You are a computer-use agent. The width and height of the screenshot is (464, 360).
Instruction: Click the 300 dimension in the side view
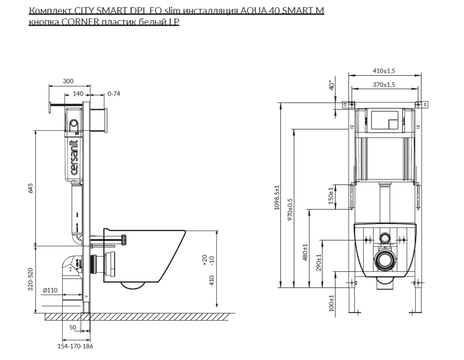click(68, 81)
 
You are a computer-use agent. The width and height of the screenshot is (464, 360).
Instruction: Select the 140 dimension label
click(78, 93)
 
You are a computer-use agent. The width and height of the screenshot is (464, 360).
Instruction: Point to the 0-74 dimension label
click(114, 93)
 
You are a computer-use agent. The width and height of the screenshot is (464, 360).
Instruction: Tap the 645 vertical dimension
click(31, 188)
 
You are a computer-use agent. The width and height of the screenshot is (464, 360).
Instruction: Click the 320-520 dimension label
click(31, 278)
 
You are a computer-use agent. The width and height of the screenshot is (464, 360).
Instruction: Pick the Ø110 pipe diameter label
click(50, 290)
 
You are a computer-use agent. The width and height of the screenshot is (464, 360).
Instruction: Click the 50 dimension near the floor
click(72, 328)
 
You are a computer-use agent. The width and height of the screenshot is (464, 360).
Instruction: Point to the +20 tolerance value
click(205, 258)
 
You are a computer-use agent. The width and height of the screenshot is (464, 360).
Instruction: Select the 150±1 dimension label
click(331, 196)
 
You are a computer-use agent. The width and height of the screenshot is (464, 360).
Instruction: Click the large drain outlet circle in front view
click(384, 262)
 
